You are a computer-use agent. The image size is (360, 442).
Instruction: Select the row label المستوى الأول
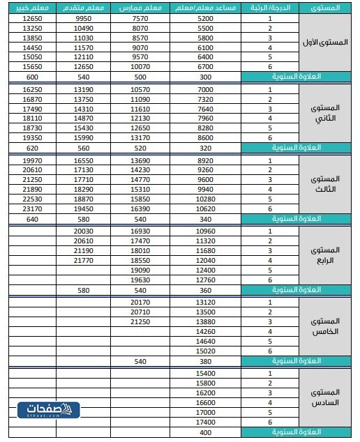point(328,43)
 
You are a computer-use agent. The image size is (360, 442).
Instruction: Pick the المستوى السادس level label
point(328,398)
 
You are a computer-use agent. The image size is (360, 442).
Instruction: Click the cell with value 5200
point(205,18)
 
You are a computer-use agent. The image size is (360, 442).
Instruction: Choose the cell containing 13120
point(205,303)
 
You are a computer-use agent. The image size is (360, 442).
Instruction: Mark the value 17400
point(205,422)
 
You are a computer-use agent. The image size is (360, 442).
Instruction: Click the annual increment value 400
point(205,433)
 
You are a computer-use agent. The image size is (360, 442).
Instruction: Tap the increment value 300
point(205,77)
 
